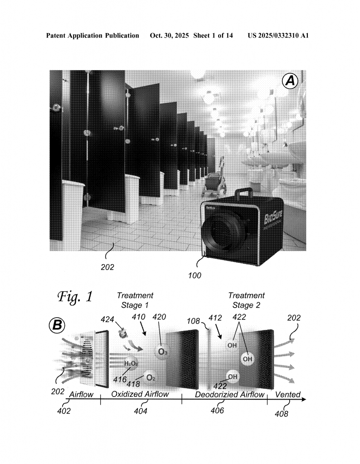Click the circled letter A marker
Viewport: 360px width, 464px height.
pos(290,82)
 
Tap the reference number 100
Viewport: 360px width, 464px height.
pos(195,275)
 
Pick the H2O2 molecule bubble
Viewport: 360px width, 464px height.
pos(131,363)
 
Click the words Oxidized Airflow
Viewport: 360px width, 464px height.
pos(140,394)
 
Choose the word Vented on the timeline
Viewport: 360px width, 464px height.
pos(288,395)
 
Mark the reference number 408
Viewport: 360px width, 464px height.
pos(283,413)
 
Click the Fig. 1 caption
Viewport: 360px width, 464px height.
pos(75,297)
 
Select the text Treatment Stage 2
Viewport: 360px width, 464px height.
pos(246,300)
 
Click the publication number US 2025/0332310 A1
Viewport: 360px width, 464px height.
pos(278,35)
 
